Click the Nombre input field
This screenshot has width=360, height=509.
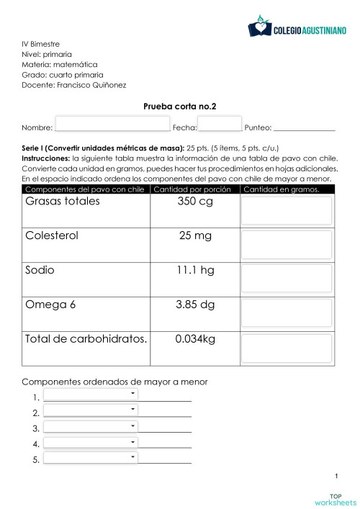pyautogui.click(x=112, y=125)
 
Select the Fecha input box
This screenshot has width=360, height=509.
pyautogui.click(x=220, y=125)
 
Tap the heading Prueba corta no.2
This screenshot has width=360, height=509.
pyautogui.click(x=180, y=106)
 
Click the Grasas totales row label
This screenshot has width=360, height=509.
pyautogui.click(x=63, y=201)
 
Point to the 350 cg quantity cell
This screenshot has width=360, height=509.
pyautogui.click(x=195, y=201)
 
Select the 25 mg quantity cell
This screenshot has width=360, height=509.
pyautogui.click(x=195, y=235)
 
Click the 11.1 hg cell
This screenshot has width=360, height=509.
pyautogui.click(x=195, y=270)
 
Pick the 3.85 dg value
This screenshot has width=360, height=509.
pyautogui.click(x=195, y=305)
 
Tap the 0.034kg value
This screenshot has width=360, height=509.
pyautogui.click(x=195, y=339)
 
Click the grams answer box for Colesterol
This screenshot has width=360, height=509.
pyautogui.click(x=287, y=245)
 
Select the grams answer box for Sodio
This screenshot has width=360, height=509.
pyautogui.click(x=287, y=279)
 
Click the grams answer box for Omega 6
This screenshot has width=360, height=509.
pyautogui.click(x=287, y=314)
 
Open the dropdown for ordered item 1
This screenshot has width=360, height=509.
pyautogui.click(x=91, y=394)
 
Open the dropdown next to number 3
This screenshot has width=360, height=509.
pyautogui.click(x=91, y=425)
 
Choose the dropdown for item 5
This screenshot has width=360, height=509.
pyautogui.click(x=91, y=457)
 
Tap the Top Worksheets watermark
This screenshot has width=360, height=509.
pyautogui.click(x=336, y=499)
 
